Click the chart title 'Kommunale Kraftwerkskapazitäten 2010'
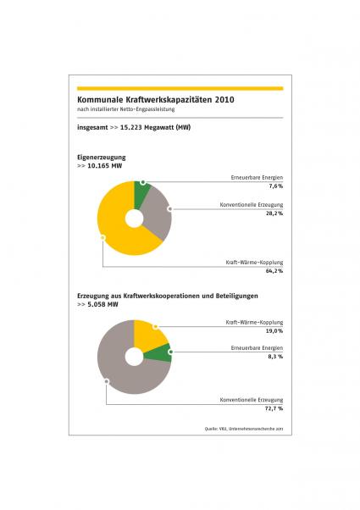point(156,99)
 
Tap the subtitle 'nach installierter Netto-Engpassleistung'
point(126,109)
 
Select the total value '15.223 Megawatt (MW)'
point(155,127)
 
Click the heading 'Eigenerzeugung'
point(101,157)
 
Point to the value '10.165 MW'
point(105,166)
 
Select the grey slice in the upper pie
point(156,212)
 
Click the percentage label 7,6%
point(276,186)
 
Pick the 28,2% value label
point(274,213)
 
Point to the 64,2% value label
point(274,270)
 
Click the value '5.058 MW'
point(102,304)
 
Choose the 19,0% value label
point(274,330)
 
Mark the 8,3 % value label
point(275,356)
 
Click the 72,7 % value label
point(274,408)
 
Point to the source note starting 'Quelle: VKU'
point(244,429)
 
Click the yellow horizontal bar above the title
point(180,88)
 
